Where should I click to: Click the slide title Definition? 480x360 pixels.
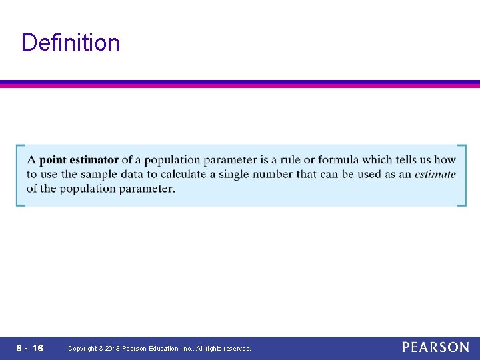71,43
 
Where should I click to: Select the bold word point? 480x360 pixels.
53,160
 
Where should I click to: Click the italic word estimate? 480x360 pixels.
435,175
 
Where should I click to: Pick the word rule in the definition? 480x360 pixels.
291,160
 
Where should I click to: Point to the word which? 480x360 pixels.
377,160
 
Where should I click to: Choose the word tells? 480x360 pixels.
412,160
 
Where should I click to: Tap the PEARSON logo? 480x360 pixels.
435,347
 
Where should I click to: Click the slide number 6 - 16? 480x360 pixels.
29,348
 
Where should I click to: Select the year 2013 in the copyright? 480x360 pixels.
112,349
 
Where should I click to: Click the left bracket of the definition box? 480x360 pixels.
20,175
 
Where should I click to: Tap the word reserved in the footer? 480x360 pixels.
237,349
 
